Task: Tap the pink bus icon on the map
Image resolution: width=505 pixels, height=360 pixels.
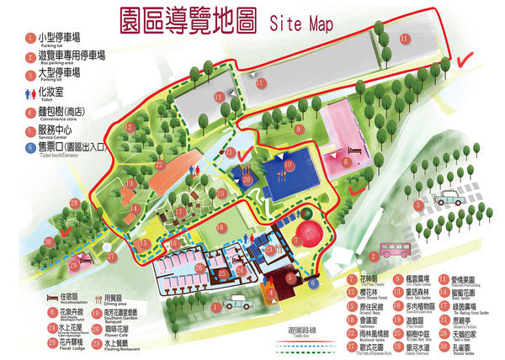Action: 396,249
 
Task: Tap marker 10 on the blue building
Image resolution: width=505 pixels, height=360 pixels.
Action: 288,165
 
